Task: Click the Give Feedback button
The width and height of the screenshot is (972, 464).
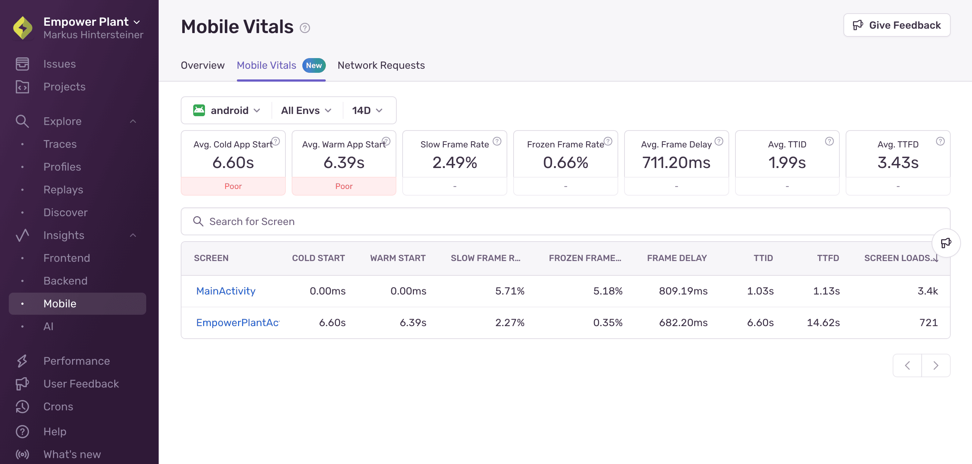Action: (x=897, y=25)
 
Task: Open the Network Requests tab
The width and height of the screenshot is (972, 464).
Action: (x=381, y=65)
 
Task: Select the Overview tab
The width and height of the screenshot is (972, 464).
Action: (x=203, y=65)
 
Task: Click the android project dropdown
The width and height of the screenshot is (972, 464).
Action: (x=227, y=110)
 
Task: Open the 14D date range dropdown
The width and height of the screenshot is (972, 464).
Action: (x=367, y=110)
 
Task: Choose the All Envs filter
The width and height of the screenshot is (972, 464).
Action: (x=306, y=110)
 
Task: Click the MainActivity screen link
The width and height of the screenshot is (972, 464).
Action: (x=226, y=291)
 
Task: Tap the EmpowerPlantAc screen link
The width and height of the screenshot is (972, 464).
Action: (x=238, y=322)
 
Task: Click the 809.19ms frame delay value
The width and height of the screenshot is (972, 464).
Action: (x=683, y=291)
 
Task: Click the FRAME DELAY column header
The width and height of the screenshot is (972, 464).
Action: (x=677, y=258)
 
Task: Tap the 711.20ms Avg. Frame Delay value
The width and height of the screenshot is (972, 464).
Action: (x=676, y=163)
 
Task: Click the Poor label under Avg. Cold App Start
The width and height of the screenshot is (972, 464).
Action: (x=233, y=186)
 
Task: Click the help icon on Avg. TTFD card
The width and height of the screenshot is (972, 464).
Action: (x=940, y=141)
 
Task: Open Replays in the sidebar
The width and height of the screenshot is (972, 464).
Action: (x=63, y=189)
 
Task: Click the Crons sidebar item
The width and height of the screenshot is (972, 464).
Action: (x=58, y=407)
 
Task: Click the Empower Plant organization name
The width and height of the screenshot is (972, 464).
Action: (x=86, y=22)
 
